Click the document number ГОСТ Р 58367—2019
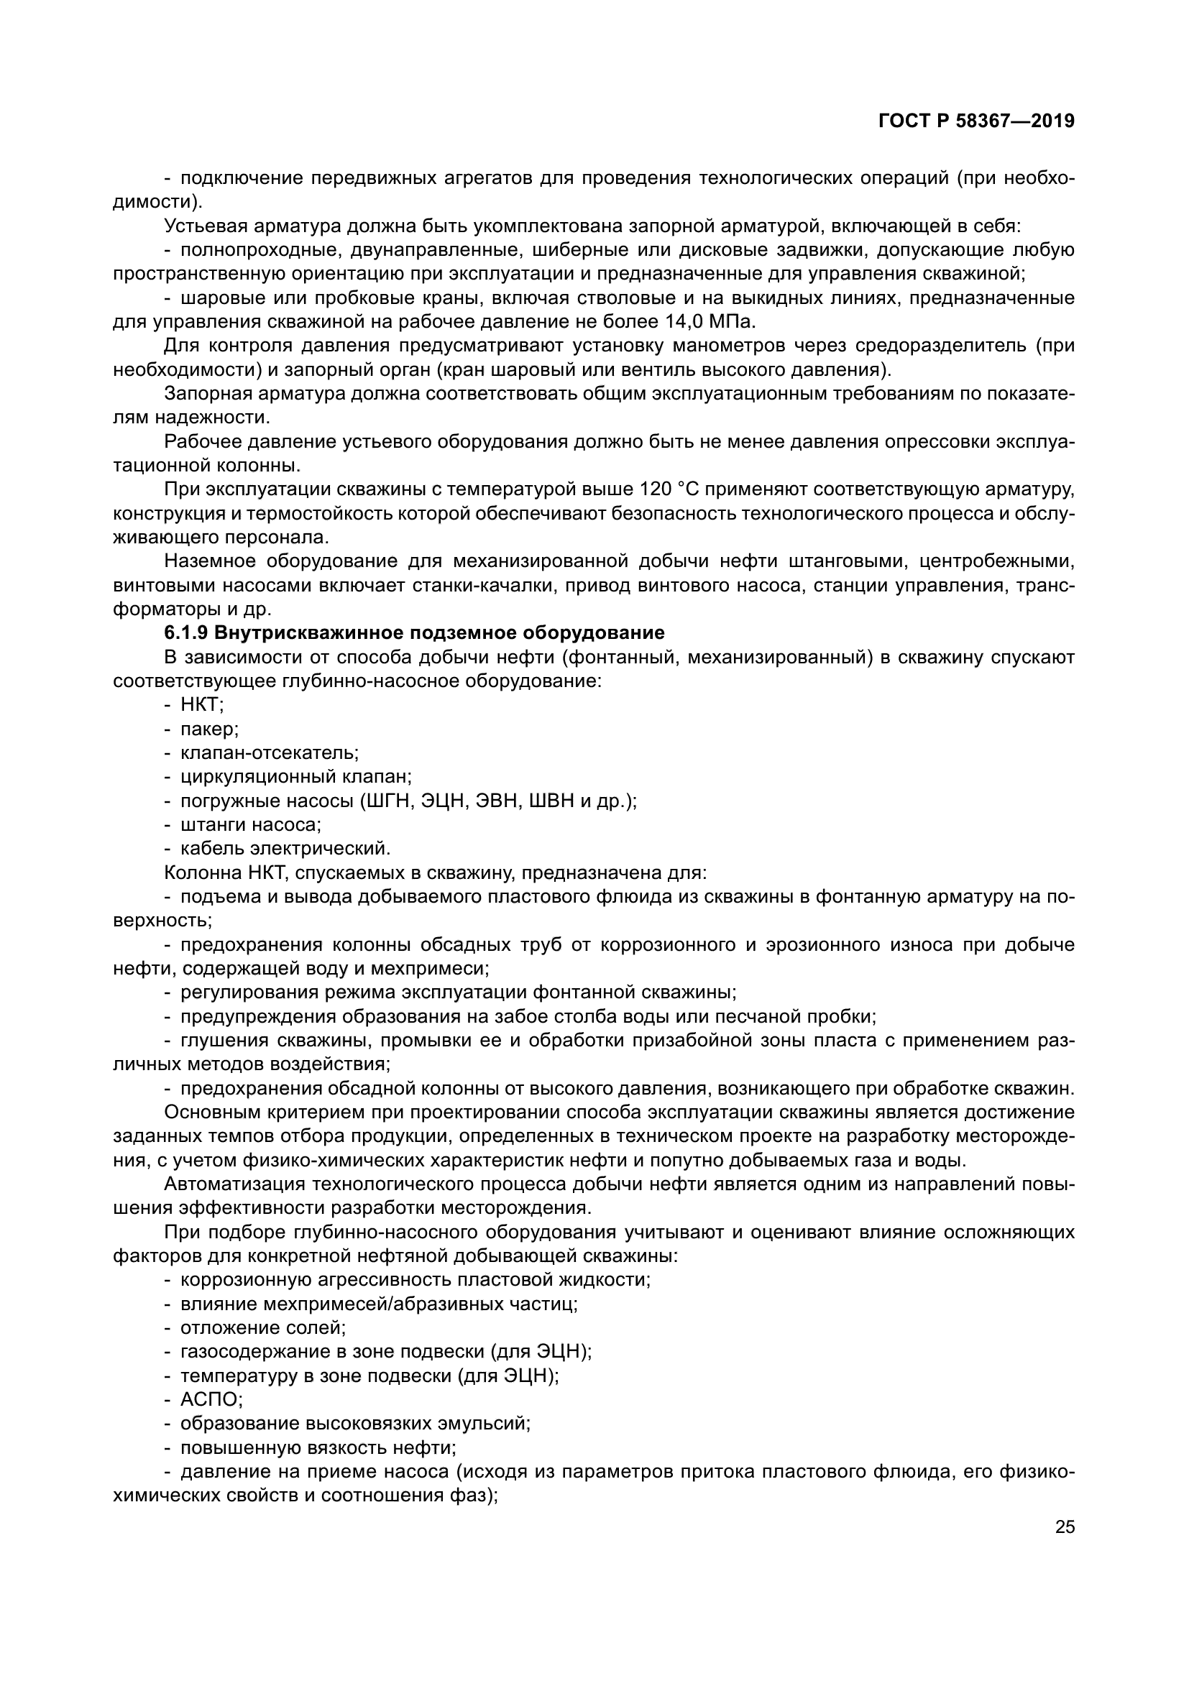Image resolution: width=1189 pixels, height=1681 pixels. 976,121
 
